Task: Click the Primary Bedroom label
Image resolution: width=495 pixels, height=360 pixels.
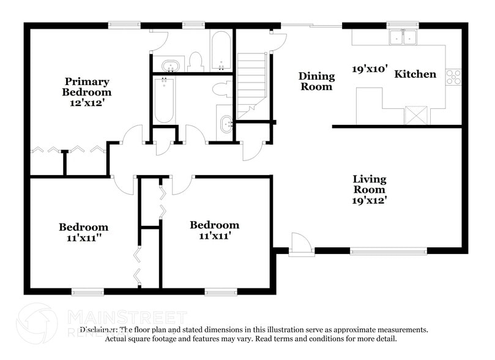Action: [x=87, y=86]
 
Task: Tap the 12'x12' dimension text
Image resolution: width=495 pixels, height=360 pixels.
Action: [x=87, y=103]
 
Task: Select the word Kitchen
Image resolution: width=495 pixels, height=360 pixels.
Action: [x=415, y=74]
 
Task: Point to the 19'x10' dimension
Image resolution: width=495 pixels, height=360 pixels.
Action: [x=370, y=69]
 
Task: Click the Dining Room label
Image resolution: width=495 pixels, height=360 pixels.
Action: [x=316, y=81]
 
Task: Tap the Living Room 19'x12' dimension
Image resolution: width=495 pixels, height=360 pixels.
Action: [x=369, y=200]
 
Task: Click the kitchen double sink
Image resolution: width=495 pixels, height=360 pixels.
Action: [x=403, y=37]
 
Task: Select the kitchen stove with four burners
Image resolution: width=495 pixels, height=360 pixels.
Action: [x=453, y=76]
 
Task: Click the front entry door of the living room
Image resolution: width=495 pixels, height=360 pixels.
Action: [x=299, y=243]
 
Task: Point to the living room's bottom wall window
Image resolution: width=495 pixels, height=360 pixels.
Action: [x=389, y=250]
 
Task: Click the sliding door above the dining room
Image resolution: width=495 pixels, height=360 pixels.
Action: [x=311, y=26]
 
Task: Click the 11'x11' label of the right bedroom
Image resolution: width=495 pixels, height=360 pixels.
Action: [x=214, y=236]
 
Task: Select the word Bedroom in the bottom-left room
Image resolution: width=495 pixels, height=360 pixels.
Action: [x=83, y=227]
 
